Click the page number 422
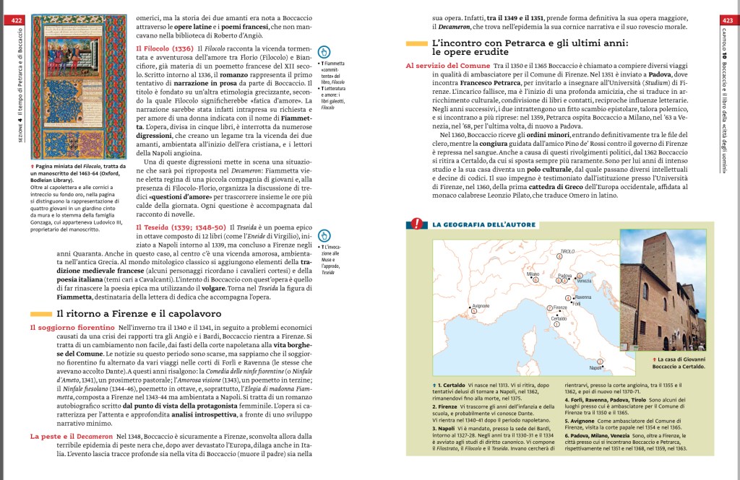[17, 20]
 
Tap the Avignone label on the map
[481, 306]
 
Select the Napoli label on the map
[595, 367]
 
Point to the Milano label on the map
[533, 274]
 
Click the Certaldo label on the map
[559, 318]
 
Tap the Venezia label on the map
[584, 281]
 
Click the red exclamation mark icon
[416, 224]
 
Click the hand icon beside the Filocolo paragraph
[324, 51]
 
